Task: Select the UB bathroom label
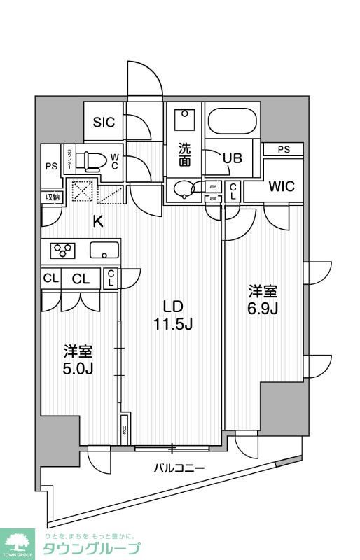pos(232,157)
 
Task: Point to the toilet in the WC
pos(90,161)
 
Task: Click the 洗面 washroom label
pos(184,155)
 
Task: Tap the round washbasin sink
pos(186,190)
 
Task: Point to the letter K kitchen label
pos(99,222)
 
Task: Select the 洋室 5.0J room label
pos(79,360)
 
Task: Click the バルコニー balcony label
pos(179,468)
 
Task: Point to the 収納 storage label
pos(53,197)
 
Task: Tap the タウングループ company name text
pos(91,548)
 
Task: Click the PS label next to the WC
pos(50,166)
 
